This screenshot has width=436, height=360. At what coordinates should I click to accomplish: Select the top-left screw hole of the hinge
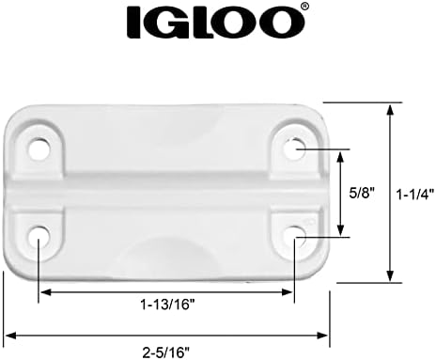[39, 148]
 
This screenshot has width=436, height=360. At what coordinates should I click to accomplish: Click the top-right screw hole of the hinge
[294, 148]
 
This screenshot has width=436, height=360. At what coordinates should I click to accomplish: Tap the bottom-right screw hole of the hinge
[294, 233]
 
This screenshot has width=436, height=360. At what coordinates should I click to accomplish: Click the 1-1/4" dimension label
[413, 194]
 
